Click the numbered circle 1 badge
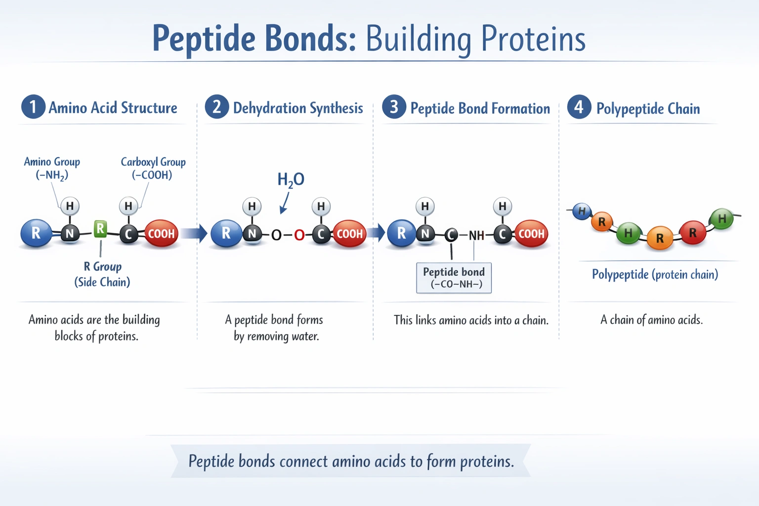click(x=33, y=107)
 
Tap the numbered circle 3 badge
click(x=394, y=107)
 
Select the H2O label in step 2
click(x=291, y=180)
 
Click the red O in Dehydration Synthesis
click(x=299, y=235)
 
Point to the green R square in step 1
click(x=100, y=229)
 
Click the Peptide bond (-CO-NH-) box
click(x=454, y=278)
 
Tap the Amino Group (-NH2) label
click(x=52, y=168)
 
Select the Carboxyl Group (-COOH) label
click(x=153, y=168)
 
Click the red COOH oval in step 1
click(x=161, y=234)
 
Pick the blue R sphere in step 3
click(x=401, y=233)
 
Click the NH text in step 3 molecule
click(x=476, y=235)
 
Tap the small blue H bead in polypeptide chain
click(x=582, y=211)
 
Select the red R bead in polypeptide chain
click(x=692, y=232)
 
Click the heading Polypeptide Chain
click(x=647, y=109)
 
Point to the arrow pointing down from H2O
click(x=285, y=203)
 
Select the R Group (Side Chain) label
click(x=102, y=274)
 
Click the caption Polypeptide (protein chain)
click(x=655, y=274)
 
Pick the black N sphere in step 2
click(x=252, y=233)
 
